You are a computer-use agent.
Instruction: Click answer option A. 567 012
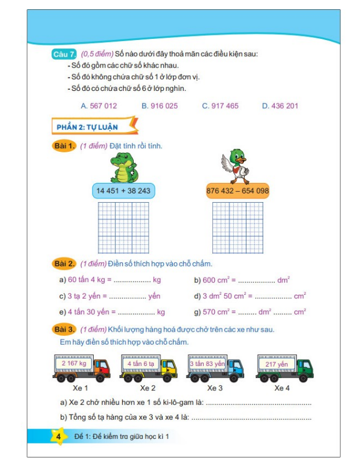99,106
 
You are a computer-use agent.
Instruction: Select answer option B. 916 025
160,106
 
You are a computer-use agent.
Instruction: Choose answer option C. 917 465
220,106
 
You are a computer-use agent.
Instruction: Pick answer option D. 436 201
280,106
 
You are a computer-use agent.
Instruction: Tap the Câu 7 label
63,54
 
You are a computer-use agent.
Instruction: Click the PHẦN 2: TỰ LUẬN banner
95,126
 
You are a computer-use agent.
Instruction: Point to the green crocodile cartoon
123,167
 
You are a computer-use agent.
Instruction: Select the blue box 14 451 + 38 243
123,191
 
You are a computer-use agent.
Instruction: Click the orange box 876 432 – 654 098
237,191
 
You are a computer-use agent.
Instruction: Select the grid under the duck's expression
237,228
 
